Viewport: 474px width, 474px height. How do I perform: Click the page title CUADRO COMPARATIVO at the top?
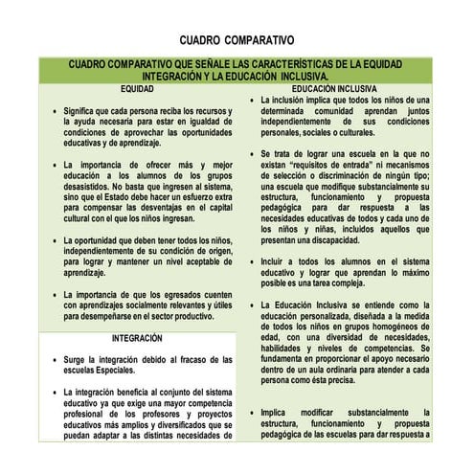(237, 42)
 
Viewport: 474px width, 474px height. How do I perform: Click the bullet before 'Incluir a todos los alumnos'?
(251, 260)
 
